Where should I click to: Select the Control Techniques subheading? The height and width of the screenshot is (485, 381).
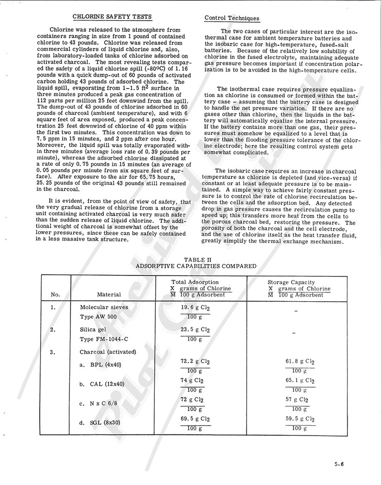click(x=232, y=18)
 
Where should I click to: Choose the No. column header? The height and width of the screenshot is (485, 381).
click(x=56, y=295)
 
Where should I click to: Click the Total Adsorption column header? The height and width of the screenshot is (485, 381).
click(x=195, y=282)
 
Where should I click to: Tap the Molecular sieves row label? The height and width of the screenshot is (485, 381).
click(x=104, y=307)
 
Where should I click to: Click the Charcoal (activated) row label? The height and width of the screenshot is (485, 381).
click(x=107, y=352)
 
